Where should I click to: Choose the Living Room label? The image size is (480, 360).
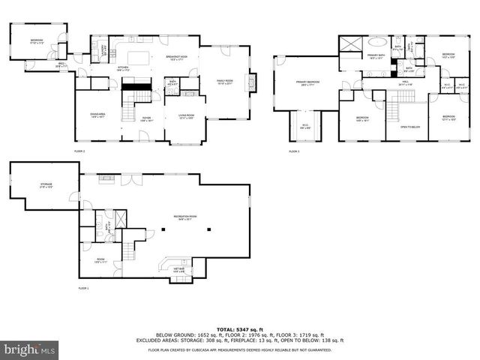[185, 115]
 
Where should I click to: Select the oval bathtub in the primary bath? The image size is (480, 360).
[377, 42]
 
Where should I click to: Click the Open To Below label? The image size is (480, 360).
[409, 127]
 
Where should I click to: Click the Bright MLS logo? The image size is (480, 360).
[30, 349]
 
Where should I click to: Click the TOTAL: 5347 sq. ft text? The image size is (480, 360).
[239, 329]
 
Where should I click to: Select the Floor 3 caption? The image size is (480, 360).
[294, 151]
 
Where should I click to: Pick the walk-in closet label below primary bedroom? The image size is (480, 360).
[306, 125]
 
